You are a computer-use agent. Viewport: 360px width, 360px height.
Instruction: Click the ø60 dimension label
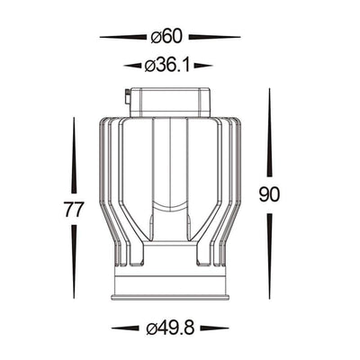click(x=166, y=37)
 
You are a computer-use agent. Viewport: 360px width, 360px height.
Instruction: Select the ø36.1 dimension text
click(x=167, y=66)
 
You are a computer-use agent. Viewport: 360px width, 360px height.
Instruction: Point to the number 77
click(x=74, y=209)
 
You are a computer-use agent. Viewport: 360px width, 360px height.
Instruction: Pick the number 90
click(x=269, y=194)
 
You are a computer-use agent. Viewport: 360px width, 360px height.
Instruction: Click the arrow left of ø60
click(x=123, y=37)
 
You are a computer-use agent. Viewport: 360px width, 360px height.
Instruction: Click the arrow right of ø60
click(x=214, y=37)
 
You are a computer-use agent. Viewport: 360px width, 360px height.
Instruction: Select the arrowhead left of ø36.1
click(x=132, y=66)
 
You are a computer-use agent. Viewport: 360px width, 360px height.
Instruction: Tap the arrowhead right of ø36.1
click(x=203, y=66)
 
